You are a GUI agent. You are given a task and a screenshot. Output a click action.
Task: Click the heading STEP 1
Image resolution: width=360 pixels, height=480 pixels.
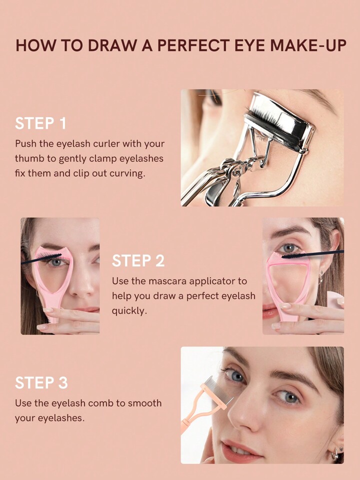pos(40,123)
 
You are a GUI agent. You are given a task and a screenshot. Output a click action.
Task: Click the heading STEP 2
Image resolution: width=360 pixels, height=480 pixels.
pos(138,261)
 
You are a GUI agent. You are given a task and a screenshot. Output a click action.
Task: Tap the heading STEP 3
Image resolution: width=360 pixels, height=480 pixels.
pos(41,383)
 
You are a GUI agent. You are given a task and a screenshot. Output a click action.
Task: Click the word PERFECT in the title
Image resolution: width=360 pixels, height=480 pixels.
pos(193,45)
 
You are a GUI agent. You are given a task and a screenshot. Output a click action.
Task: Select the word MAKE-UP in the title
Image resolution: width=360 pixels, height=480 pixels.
pos(308,45)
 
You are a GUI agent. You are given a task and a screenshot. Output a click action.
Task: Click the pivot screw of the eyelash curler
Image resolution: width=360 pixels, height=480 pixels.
pos(235,172)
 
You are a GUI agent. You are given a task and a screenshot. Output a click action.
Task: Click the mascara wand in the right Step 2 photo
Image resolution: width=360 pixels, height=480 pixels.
pos(312,254)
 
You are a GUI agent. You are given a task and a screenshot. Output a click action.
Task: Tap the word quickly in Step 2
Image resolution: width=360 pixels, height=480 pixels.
pos(129,311)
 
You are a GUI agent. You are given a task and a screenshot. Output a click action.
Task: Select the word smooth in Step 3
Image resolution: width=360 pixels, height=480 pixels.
pos(144,403)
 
